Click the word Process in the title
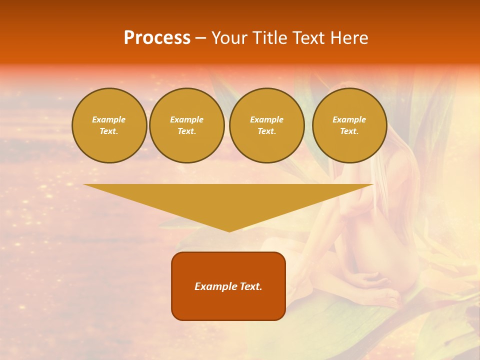point(157,38)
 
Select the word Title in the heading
point(270,38)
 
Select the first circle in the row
point(109,125)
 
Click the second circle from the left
point(187,125)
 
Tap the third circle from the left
point(267,125)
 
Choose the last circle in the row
point(349,125)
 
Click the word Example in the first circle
point(109,120)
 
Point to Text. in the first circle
point(109,131)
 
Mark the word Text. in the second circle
point(187,131)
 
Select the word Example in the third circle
point(267,120)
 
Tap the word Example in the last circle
point(349,120)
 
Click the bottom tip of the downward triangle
point(229,230)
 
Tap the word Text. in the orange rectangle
point(250,286)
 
